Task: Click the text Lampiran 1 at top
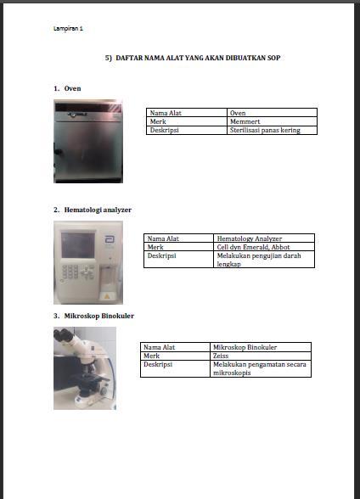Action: tap(68, 28)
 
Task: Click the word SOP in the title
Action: tap(274, 58)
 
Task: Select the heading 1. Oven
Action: tap(67, 88)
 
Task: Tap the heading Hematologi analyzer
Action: tap(98, 210)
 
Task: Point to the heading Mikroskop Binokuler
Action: tap(99, 316)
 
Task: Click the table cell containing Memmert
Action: tap(272, 121)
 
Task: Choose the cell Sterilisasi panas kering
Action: tap(272, 130)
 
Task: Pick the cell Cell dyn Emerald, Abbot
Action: tap(264, 247)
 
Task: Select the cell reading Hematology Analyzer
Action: tap(264, 238)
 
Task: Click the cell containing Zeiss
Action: tap(261, 356)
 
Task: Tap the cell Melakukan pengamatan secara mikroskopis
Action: tap(261, 368)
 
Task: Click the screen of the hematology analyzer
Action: tap(78, 245)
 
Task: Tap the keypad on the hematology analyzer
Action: tap(70, 272)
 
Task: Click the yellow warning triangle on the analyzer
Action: tap(107, 296)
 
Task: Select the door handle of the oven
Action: tap(58, 151)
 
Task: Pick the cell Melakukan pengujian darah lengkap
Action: tap(264, 260)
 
